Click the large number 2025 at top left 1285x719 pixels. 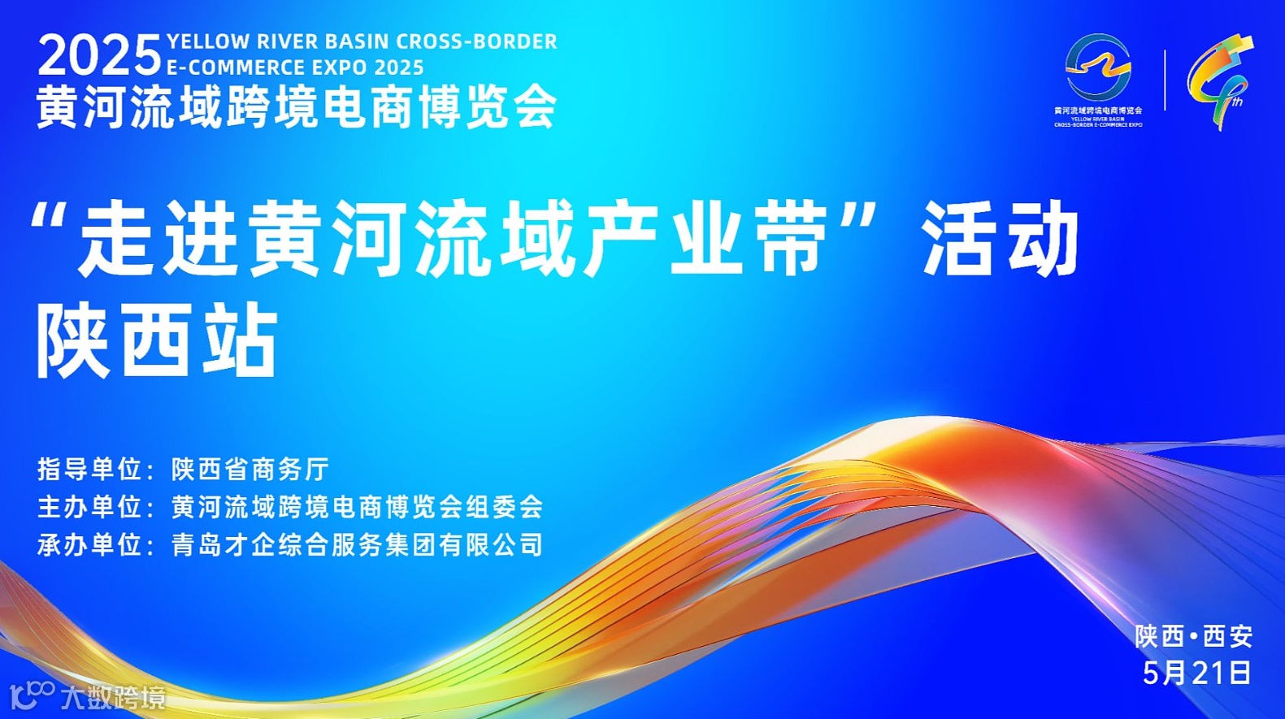[100, 56]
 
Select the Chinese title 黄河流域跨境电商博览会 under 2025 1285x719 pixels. [297, 106]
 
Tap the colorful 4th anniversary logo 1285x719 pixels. [1218, 81]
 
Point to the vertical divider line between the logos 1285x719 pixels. [1165, 80]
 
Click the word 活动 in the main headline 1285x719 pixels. [1000, 239]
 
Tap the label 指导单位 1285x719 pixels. [89, 470]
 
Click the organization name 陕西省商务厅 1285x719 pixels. [250, 470]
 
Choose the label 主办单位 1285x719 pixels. [89, 507]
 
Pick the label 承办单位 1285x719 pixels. [89, 544]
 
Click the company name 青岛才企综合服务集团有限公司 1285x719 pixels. [357, 544]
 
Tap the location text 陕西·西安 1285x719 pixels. [1193, 636]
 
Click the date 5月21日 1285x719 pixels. [1196, 673]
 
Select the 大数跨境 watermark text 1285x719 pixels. [113, 698]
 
